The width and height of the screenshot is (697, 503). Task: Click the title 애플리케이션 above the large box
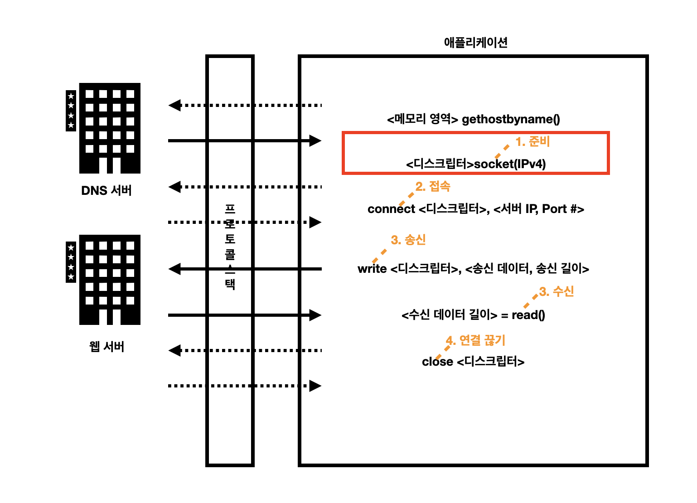coord(475,43)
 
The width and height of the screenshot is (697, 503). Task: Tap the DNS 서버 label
coord(106,190)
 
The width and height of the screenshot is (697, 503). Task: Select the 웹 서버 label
coord(107,347)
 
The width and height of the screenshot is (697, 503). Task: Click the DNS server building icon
coord(110,128)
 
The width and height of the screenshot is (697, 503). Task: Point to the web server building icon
coord(110,280)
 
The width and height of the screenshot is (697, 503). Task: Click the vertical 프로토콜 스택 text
coord(230,247)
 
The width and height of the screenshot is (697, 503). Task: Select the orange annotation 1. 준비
coord(532,142)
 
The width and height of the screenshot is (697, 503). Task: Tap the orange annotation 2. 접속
coord(433,186)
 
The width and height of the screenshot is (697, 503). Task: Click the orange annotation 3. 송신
coord(408,240)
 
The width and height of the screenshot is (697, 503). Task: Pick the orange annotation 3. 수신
coord(557,291)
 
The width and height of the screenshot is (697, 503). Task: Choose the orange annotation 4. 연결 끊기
coord(475,340)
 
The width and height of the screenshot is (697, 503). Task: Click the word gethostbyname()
coord(511,119)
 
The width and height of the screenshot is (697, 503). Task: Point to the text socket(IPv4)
coord(510,164)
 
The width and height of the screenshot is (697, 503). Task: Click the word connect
coord(391,209)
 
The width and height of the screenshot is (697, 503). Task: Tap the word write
coord(372,269)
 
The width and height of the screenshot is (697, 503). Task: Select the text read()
coord(528,315)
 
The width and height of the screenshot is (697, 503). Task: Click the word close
coord(437,362)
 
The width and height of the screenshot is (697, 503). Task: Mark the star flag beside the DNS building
coord(71,111)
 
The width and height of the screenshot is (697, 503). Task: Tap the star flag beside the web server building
coord(71,262)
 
